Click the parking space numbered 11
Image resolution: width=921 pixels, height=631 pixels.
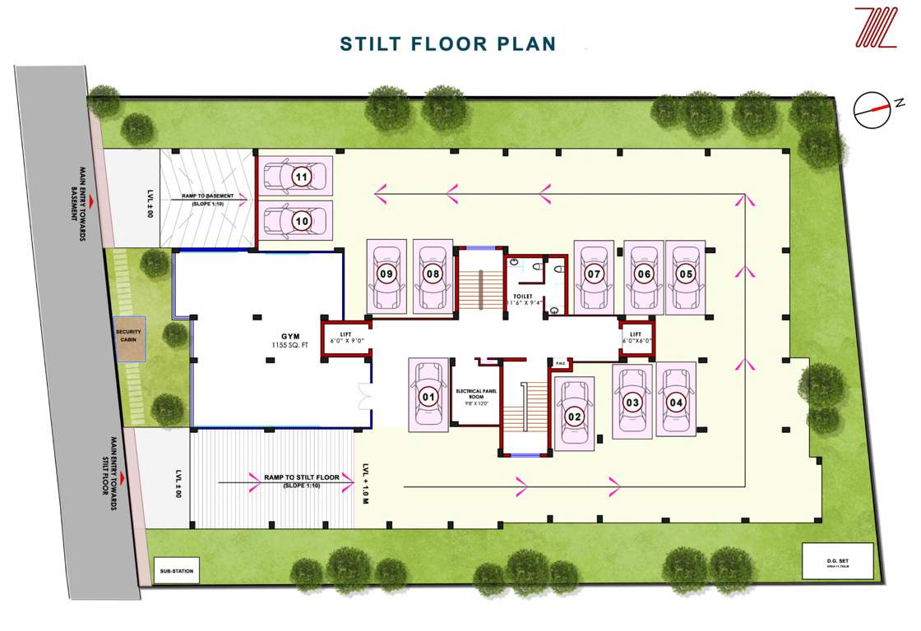click(x=301, y=177)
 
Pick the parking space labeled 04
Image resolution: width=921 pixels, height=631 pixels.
click(x=676, y=403)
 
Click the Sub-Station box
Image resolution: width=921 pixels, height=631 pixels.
click(x=176, y=570)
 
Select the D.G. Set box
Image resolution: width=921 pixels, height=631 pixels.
click(x=836, y=564)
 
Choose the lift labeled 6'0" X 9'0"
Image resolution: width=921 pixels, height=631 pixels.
click(x=345, y=337)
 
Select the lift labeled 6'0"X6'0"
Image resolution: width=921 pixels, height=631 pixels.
click(x=636, y=337)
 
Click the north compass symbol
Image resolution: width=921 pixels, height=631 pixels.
click(x=872, y=110)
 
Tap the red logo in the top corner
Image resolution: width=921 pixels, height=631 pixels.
click(x=876, y=28)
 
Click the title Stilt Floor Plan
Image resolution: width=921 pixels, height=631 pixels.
click(x=448, y=44)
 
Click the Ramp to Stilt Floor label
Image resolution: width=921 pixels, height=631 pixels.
click(x=301, y=477)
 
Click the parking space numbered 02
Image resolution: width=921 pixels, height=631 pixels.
click(x=574, y=416)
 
